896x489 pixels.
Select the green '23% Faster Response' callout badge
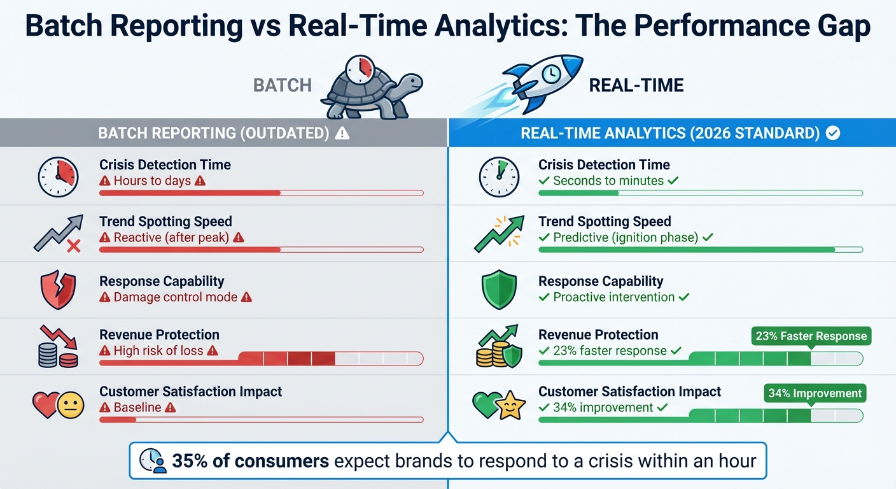811,336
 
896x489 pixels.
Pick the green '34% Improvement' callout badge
815,393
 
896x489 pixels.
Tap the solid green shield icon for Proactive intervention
498,290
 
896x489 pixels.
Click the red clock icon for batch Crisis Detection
57,177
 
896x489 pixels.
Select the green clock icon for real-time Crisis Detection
498,177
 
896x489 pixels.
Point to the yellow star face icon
510,406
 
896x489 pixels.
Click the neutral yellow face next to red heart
70,405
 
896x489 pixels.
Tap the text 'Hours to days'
152,181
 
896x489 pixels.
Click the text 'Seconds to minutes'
608,181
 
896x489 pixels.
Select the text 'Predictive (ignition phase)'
626,237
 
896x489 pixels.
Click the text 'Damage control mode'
175,297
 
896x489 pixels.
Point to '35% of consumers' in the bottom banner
250,460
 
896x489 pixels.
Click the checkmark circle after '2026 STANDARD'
832,133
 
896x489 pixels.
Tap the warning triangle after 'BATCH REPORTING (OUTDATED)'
342,133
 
